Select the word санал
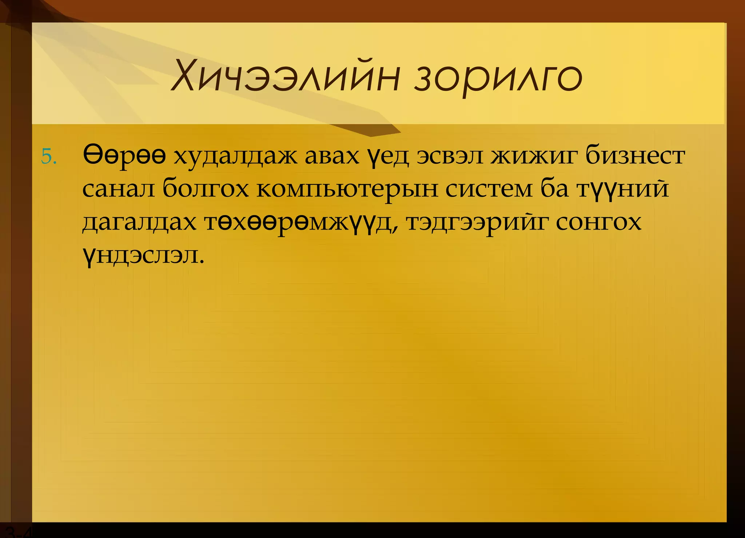coord(119,189)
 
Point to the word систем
coord(489,189)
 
